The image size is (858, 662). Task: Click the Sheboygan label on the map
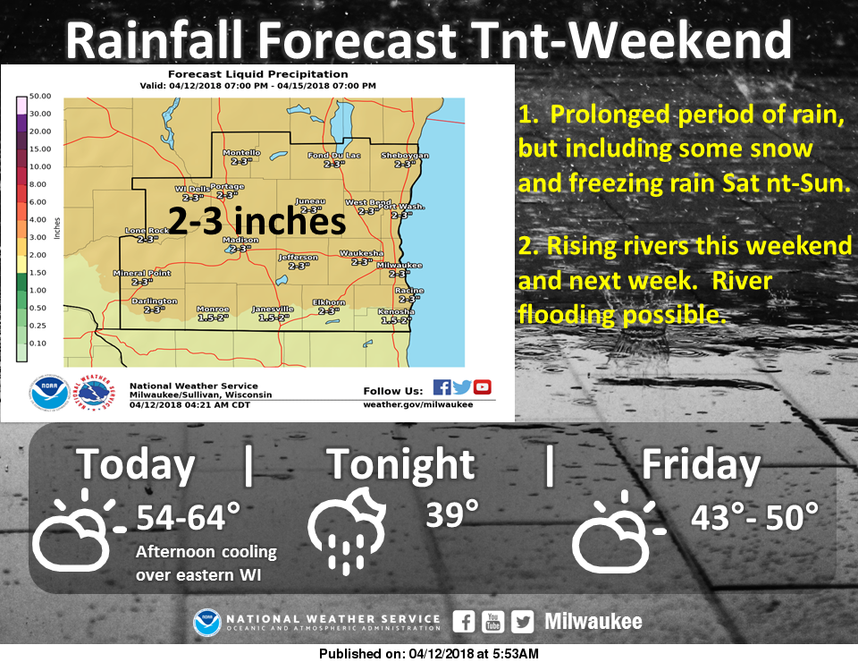pos(405,156)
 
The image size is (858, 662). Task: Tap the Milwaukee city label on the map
pos(393,266)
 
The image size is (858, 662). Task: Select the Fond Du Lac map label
pos(333,156)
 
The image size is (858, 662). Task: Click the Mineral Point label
pos(141,273)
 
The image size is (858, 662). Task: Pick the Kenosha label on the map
pos(396,311)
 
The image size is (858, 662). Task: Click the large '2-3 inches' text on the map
pos(257,221)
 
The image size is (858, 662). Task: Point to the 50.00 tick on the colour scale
pos(40,96)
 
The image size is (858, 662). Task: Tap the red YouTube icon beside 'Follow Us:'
pos(483,386)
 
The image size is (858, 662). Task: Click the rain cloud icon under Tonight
pos(345,528)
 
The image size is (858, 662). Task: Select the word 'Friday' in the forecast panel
pos(701,465)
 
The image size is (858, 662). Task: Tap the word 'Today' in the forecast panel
pos(135,465)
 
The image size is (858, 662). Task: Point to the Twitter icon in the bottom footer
pos(523,622)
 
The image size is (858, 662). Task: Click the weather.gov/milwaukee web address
pos(417,404)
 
